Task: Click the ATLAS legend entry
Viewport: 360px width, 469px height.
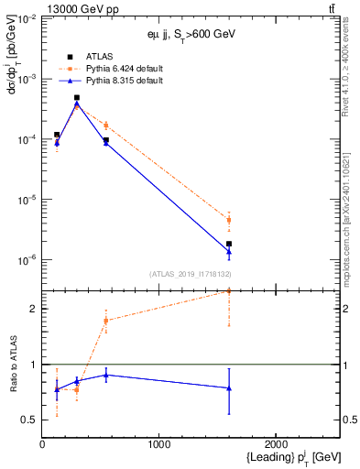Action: tap(99, 57)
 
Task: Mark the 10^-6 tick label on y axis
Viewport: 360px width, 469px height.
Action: tap(26, 260)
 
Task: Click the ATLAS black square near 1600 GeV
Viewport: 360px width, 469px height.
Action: tap(229, 244)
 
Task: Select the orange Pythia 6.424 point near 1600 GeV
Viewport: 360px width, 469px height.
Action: tap(229, 220)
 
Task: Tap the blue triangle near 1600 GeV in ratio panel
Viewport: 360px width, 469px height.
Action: tap(229, 388)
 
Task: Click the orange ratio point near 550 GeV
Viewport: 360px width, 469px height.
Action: tap(106, 321)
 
